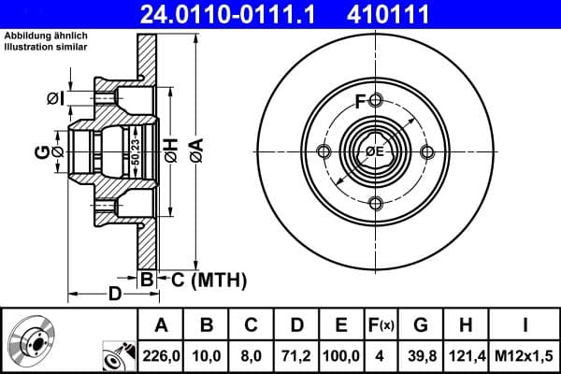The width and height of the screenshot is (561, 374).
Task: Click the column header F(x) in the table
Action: [382, 325]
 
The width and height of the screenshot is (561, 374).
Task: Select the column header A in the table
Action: [161, 325]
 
